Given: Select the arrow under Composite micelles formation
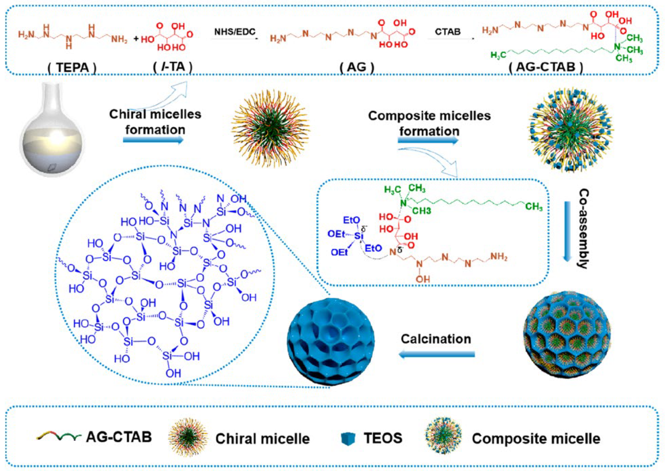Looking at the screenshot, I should (428, 141).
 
